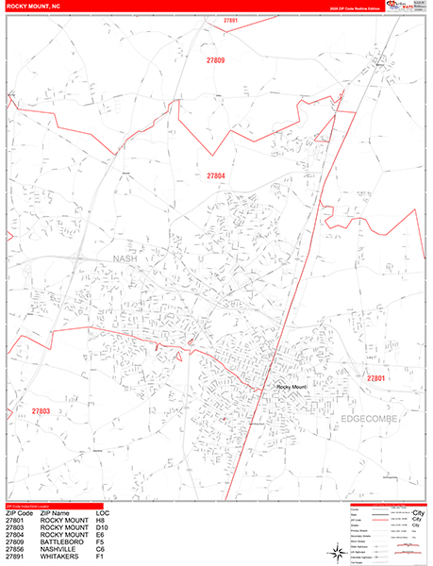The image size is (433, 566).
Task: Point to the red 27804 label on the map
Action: pos(216,176)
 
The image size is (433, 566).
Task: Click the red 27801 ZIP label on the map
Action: pos(377,378)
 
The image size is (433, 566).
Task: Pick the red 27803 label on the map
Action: pos(41,411)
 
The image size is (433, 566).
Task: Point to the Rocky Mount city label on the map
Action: pos(292,386)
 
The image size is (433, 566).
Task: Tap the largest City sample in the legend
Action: pos(419,513)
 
